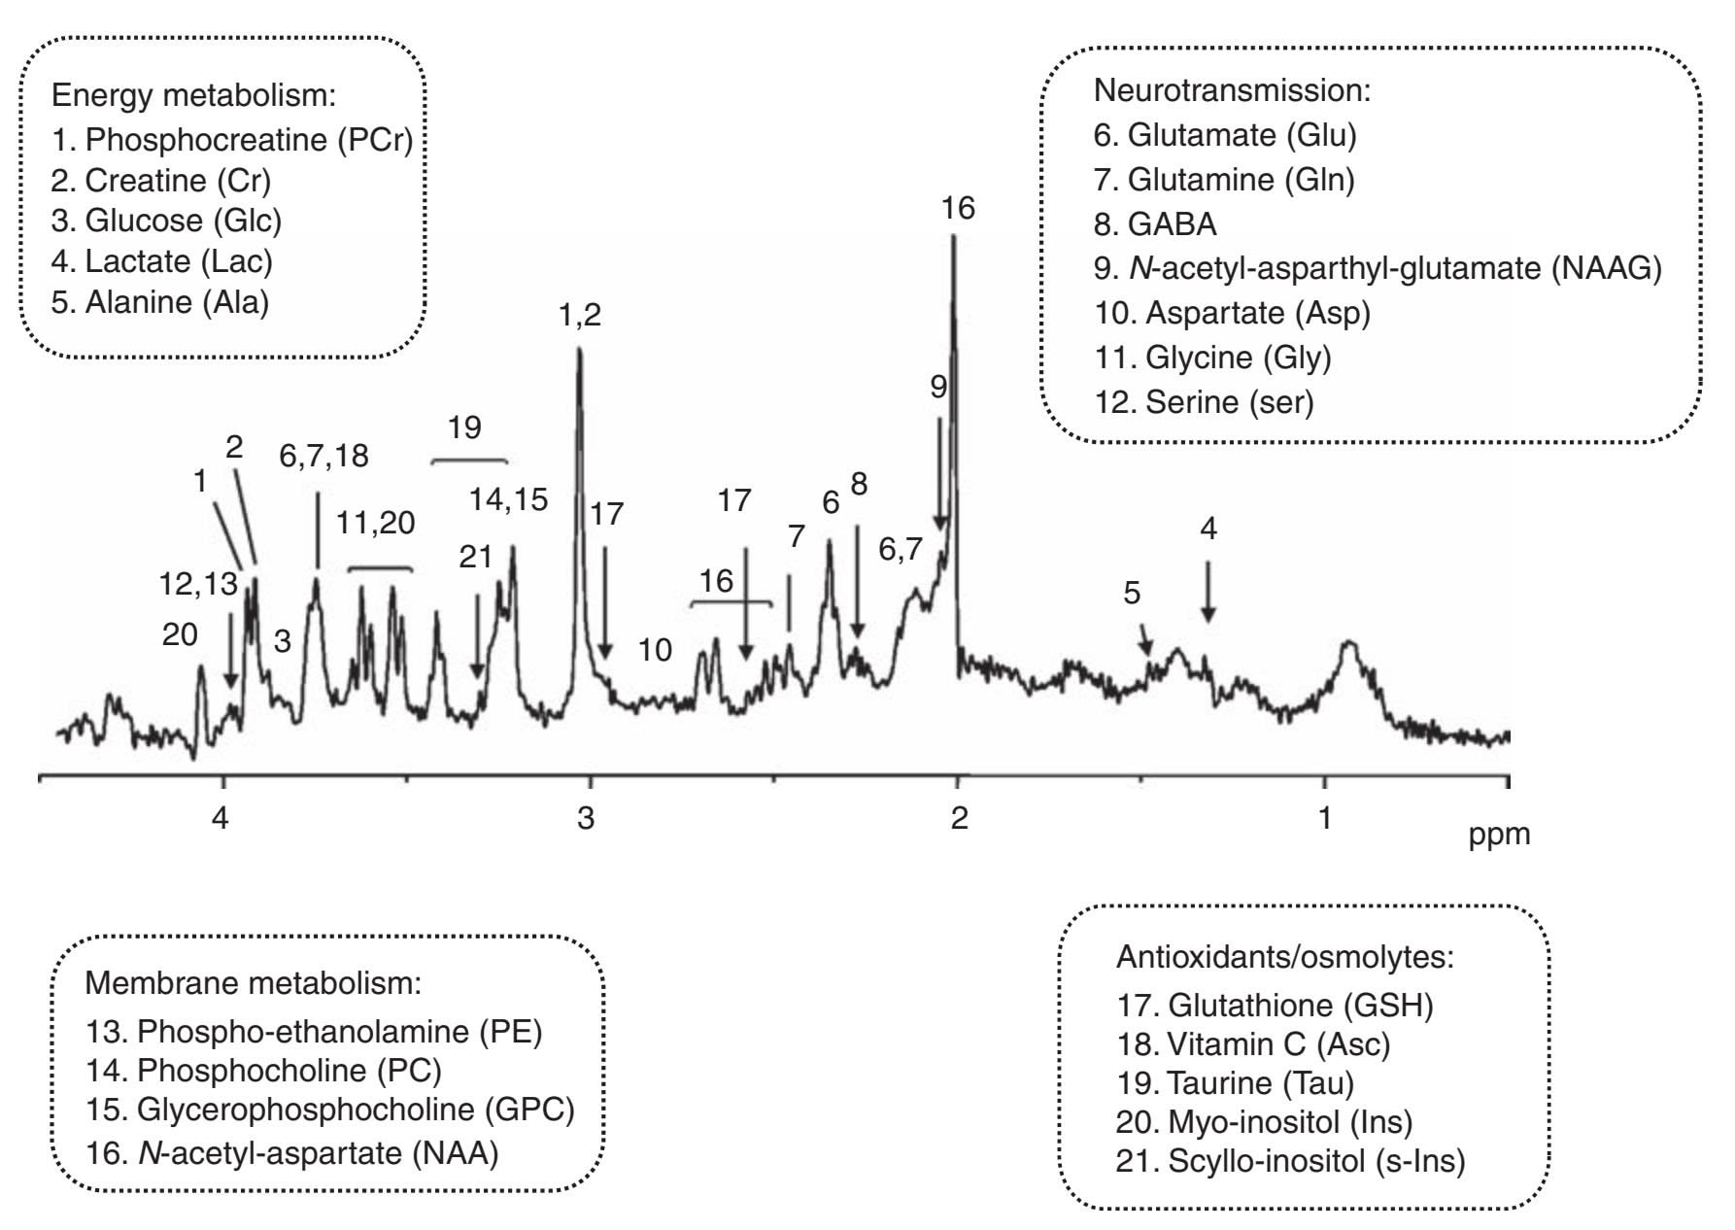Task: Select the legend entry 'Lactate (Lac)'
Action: click(161, 261)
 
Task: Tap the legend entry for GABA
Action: click(1155, 224)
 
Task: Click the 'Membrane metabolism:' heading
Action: click(254, 982)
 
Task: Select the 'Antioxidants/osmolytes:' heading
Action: click(1285, 957)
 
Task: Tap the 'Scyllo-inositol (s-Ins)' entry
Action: click(1290, 1160)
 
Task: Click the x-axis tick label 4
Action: click(222, 818)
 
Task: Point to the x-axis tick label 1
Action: click(1325, 818)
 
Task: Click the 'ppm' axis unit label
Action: click(1499, 835)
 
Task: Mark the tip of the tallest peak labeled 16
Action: click(954, 239)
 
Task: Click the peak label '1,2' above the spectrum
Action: click(580, 315)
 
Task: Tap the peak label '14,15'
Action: click(508, 499)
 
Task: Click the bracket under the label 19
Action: click(468, 459)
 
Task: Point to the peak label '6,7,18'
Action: click(323, 456)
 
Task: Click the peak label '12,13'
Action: click(198, 583)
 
